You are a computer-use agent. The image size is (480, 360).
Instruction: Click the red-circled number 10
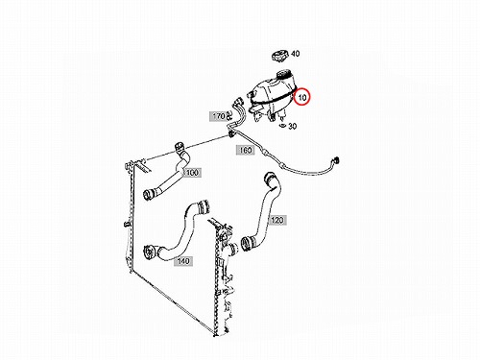pos(302,97)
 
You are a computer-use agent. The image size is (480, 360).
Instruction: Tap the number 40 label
pos(295,54)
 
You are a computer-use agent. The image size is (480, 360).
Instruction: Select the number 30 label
pos(292,126)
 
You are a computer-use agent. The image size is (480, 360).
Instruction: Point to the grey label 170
pos(219,116)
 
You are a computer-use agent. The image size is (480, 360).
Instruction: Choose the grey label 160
pos(245,150)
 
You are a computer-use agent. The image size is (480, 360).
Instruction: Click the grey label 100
pos(192,173)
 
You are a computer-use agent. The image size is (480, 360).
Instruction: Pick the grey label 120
pos(277,220)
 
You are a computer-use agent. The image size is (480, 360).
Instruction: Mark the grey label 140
pos(183,261)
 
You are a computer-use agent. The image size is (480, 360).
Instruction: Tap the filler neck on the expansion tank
pos(284,74)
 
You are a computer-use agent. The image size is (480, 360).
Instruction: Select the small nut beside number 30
pos(282,125)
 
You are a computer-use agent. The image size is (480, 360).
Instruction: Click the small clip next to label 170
pos(229,115)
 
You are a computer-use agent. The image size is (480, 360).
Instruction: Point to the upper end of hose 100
pos(180,148)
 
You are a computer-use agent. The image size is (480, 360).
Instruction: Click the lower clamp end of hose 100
pos(149,193)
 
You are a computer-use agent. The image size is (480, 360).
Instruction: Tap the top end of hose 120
pos(270,177)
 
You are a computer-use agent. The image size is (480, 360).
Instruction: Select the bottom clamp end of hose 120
pos(247,243)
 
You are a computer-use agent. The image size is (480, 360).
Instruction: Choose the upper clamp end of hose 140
pos(203,206)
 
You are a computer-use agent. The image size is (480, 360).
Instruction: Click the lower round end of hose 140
pos(150,252)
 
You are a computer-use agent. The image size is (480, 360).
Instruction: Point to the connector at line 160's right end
pos(335,160)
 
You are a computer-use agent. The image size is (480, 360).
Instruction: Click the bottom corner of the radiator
pos(216,335)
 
